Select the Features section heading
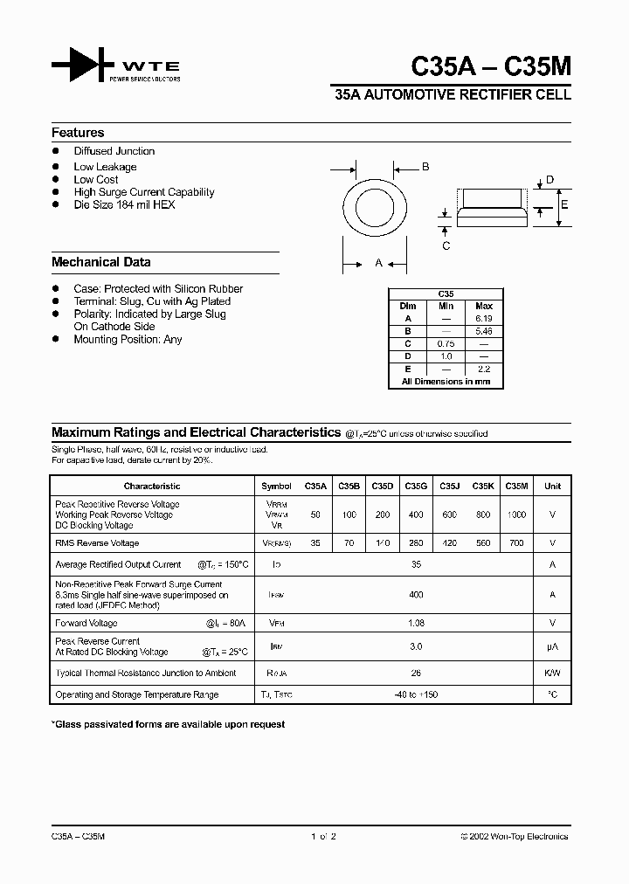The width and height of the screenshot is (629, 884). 78,133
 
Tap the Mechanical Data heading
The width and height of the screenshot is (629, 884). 100,262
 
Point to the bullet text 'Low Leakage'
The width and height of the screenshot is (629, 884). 105,167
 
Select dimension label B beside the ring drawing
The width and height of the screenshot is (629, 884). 425,166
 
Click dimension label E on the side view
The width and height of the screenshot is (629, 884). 564,205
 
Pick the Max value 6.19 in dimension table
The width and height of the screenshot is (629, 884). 483,319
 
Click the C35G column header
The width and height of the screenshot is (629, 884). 416,486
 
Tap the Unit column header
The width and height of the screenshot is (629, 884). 552,486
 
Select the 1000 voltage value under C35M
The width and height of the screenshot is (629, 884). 516,515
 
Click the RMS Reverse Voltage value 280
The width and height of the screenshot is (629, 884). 416,543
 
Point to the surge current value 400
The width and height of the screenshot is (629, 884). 416,595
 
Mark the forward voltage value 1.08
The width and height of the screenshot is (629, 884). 416,624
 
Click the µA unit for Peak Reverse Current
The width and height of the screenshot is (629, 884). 552,646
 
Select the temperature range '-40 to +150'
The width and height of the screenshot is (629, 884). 416,695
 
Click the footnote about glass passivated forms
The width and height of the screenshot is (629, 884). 169,724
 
